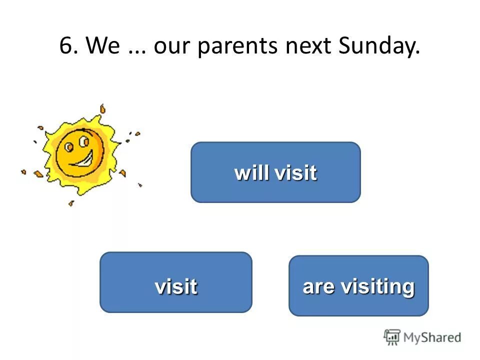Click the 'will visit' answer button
tap(275, 172)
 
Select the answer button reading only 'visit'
tap(176, 282)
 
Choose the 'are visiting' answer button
tap(358, 286)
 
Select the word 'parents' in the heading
tap(238, 47)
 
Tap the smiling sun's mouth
tap(86, 161)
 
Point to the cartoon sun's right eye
tap(81, 144)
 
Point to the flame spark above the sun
tap(102, 108)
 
